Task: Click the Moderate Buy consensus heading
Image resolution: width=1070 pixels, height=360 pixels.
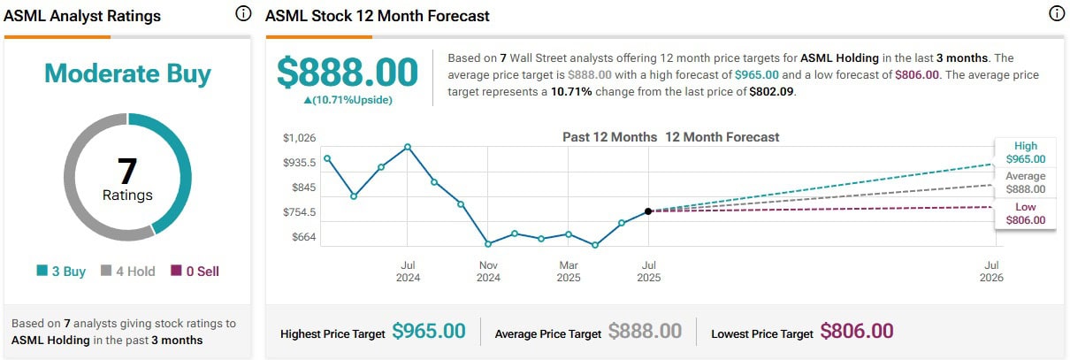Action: pos(127,73)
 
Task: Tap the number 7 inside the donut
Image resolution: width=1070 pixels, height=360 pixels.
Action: pos(127,171)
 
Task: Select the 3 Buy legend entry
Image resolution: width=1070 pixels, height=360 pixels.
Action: pos(61,272)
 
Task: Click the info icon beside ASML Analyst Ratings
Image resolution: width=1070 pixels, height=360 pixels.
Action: pos(243,14)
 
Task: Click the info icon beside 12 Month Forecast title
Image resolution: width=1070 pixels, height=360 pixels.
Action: pos(1055,14)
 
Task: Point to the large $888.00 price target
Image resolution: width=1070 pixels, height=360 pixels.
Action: pos(348,72)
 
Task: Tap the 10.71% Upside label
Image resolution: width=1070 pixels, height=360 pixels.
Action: pos(348,99)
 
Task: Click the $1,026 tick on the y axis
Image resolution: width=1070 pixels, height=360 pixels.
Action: pos(299,138)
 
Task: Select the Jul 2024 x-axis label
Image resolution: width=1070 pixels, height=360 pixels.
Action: pos(408,271)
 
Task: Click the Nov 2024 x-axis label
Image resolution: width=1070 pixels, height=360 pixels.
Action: pos(488,271)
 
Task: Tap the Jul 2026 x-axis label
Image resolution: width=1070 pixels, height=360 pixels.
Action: pos(991,271)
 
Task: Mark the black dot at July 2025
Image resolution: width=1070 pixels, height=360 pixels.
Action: pos(648,211)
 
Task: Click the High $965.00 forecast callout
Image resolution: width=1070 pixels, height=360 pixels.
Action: pos(1026,153)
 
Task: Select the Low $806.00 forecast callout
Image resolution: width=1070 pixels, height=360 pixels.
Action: pos(1026,213)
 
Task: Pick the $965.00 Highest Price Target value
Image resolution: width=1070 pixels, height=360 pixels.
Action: pos(428,332)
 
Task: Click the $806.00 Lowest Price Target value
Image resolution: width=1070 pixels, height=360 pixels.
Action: pos(857,332)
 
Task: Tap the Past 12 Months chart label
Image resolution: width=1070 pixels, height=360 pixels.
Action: pos(609,137)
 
